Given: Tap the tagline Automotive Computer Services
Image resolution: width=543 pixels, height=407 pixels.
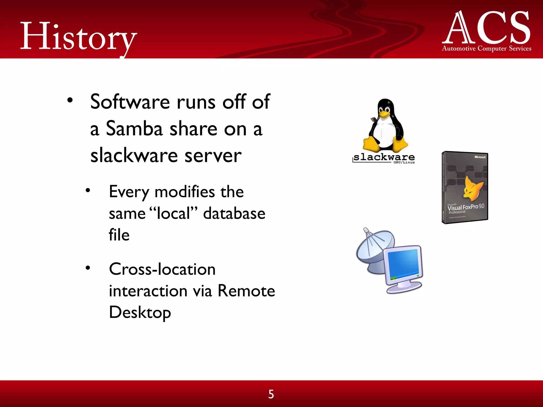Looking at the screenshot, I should point(487,48).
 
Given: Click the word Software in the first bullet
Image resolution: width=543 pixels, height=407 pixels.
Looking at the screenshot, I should point(130,102).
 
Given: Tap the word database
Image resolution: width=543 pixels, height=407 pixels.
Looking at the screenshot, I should point(234,214).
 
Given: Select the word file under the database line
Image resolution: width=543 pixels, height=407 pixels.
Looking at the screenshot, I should point(119,235).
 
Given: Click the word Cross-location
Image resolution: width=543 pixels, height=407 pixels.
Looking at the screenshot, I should point(162,269).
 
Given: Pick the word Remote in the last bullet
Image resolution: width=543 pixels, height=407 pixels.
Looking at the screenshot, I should point(246,291).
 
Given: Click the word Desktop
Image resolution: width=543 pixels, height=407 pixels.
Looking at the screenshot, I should point(140,313).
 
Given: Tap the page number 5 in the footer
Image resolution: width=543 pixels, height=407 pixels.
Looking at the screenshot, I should point(271,394).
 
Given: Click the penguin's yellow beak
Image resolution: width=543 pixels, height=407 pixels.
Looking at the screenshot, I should point(384,114).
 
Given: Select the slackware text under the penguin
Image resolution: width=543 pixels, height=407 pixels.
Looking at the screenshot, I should point(384,157).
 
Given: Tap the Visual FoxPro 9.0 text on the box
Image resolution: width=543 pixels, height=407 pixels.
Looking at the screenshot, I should point(466,207).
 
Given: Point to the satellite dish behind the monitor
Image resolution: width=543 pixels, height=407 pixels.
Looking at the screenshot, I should point(373,246).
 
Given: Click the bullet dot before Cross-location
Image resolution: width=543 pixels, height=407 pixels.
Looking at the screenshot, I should point(88,268).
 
